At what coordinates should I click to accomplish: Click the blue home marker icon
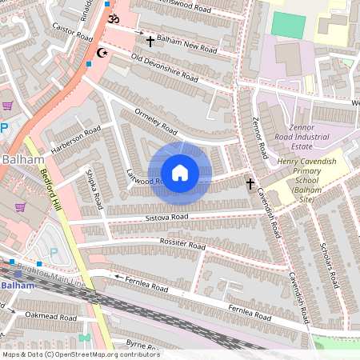point(180,172)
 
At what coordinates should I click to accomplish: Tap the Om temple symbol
point(113,18)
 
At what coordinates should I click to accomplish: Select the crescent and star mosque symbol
point(102,53)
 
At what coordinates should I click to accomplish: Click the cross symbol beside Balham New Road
point(150,40)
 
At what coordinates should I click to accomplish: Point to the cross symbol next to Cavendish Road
point(250,184)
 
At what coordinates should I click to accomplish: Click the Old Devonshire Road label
point(164,68)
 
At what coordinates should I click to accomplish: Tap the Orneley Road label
point(156,120)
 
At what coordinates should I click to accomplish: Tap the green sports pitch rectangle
point(288,25)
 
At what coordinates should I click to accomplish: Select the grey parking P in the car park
point(54,253)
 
